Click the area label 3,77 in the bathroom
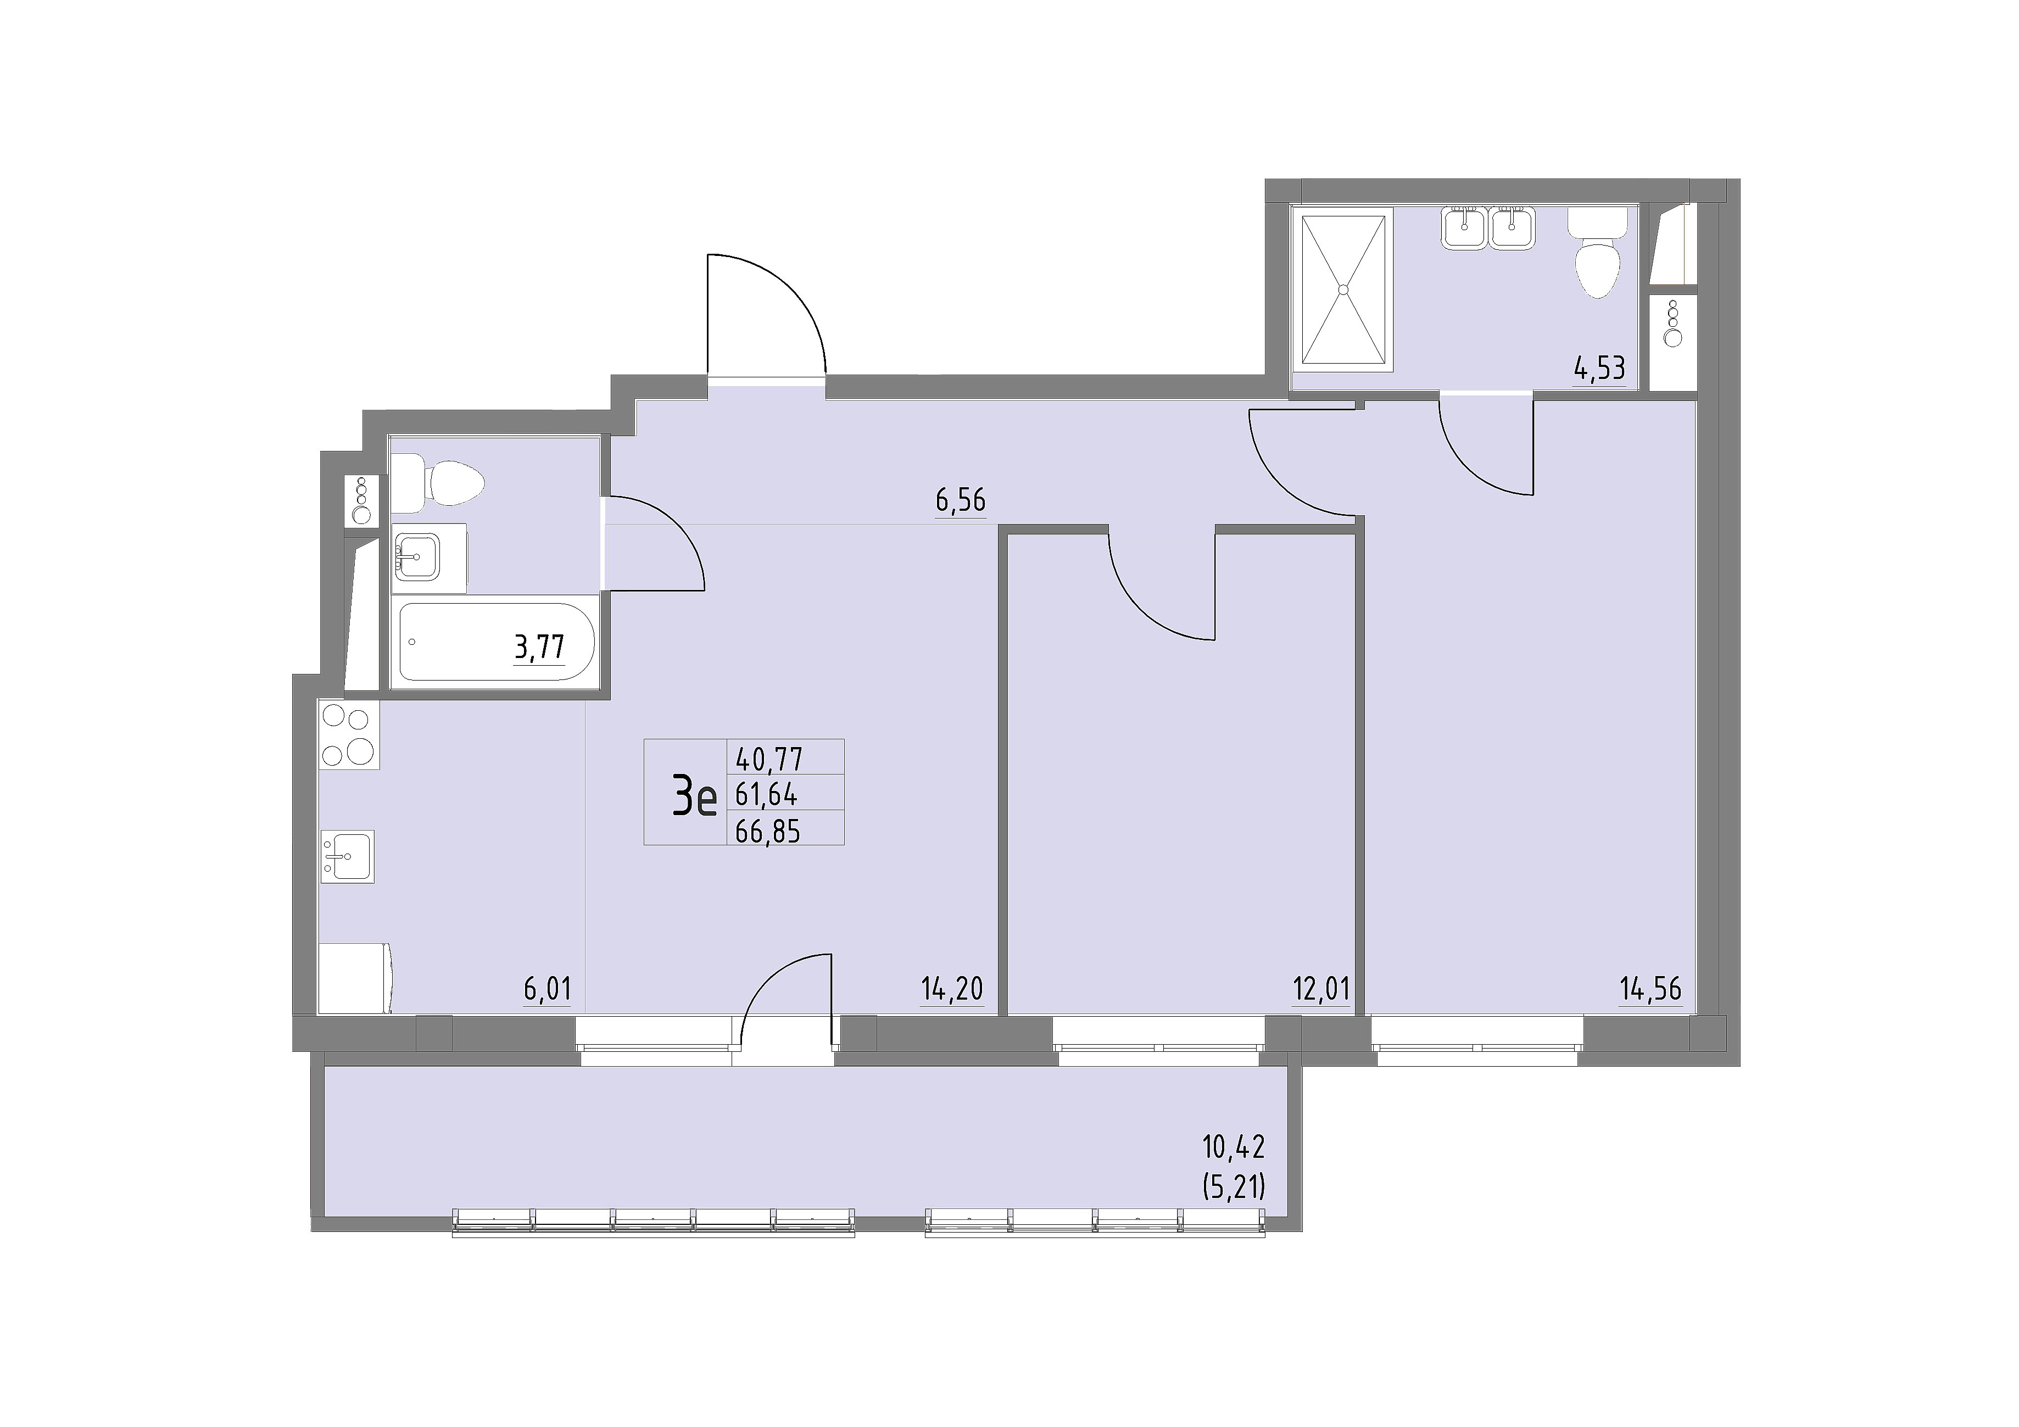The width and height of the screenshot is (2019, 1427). point(539,648)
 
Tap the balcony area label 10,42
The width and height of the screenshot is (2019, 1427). point(1233,1146)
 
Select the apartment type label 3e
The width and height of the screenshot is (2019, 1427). point(695,798)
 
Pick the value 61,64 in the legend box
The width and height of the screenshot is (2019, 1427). point(766,795)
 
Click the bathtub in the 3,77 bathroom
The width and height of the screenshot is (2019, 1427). point(498,642)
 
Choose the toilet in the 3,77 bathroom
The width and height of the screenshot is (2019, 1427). point(438,483)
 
